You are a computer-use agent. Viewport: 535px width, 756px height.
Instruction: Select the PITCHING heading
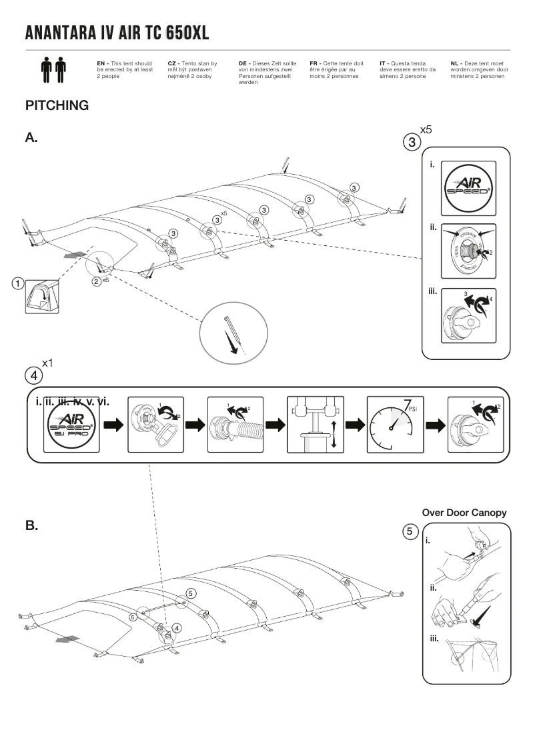57,105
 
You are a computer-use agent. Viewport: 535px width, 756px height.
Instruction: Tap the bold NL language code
455,63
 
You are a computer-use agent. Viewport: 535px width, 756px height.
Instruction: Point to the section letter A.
31,138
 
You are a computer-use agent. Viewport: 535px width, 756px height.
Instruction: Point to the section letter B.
31,525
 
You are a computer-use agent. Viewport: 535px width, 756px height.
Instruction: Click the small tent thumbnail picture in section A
41,296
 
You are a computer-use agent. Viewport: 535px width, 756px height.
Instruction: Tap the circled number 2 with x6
97,281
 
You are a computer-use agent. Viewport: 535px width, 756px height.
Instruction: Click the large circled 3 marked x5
412,141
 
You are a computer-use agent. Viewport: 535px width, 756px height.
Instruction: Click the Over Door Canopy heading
464,513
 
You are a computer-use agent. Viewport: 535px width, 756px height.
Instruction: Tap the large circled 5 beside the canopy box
412,531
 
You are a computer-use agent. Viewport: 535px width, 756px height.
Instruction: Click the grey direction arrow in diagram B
68,639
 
